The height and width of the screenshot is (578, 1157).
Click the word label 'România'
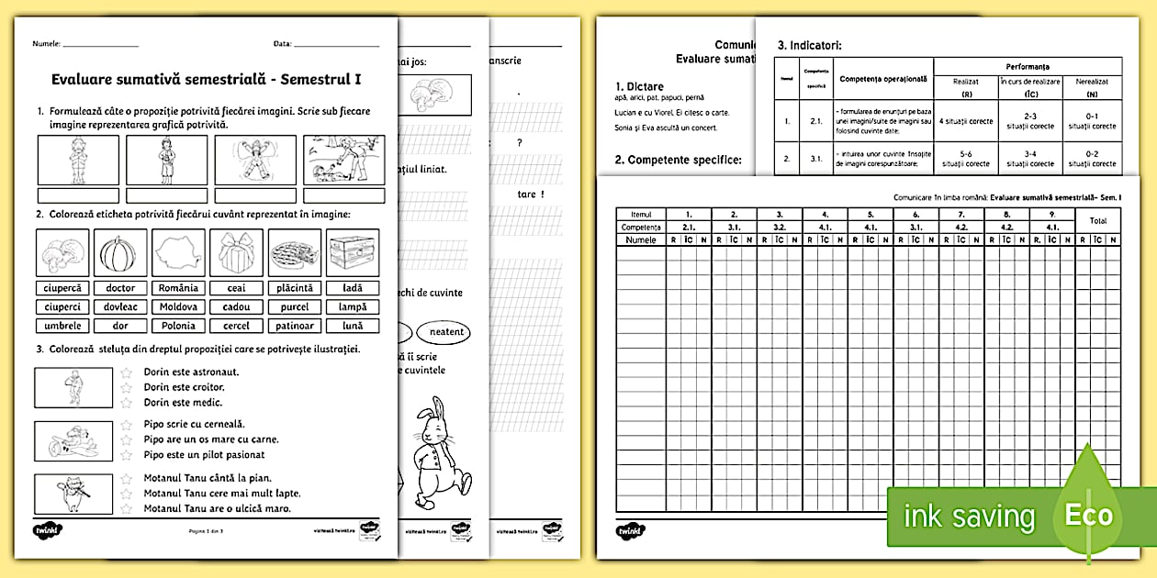click(x=177, y=288)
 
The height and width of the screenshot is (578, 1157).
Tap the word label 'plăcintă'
click(x=296, y=288)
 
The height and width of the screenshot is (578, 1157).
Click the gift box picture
click(x=236, y=250)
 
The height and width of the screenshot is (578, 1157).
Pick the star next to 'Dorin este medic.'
click(x=128, y=403)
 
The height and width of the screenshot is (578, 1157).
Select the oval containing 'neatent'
click(x=444, y=331)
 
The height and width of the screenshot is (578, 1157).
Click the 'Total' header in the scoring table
click(x=1097, y=220)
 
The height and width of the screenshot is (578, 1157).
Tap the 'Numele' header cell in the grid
click(x=641, y=239)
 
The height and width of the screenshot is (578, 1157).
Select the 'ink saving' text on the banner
click(x=969, y=517)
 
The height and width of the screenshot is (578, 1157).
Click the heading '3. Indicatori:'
click(x=809, y=44)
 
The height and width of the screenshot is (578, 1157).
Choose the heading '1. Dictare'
click(x=639, y=86)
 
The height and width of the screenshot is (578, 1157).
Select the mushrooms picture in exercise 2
click(x=62, y=250)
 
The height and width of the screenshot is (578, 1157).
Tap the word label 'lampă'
click(x=352, y=306)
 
